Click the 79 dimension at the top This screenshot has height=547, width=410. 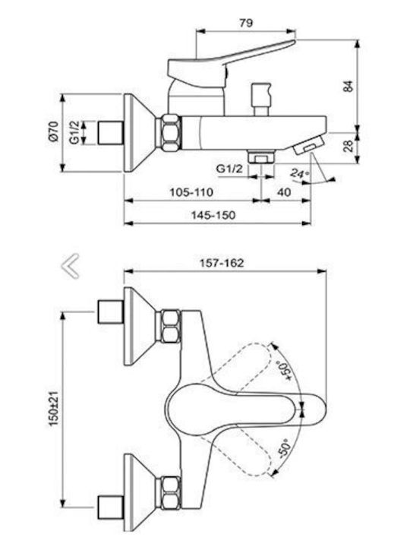point(246,23)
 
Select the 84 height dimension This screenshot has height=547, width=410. point(348,86)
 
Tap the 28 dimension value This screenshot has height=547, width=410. point(348,146)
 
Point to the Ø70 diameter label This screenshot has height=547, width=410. point(53,132)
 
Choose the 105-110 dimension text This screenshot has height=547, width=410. point(191,192)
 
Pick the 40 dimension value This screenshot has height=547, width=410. point(284,192)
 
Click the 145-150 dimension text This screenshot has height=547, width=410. point(213,215)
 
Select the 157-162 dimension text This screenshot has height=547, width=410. point(222,263)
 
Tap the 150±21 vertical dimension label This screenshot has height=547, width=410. point(54,408)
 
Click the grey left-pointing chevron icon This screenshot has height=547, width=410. point(70,266)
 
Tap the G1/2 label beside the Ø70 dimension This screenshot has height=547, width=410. point(74,132)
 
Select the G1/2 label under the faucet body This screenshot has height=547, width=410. point(229,169)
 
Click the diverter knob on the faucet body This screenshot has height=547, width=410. point(260,99)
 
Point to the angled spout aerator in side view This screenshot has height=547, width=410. point(309,145)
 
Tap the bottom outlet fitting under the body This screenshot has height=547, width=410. point(261,156)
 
